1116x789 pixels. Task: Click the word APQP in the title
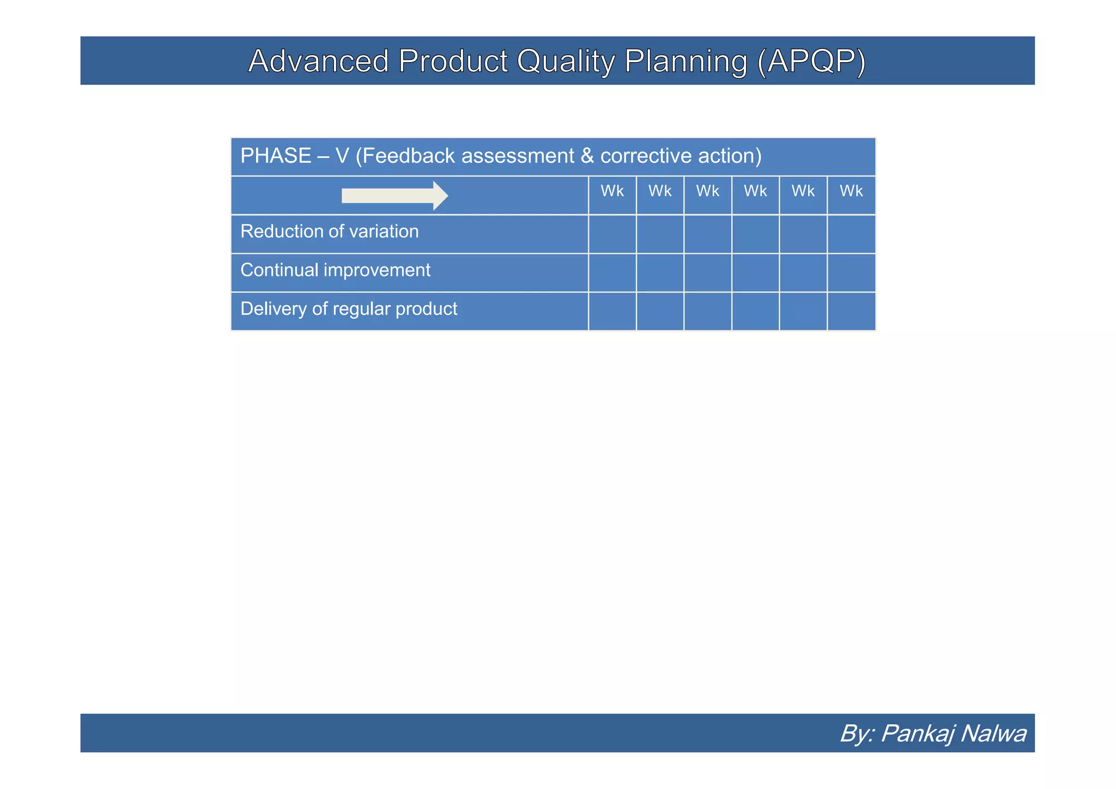(x=811, y=61)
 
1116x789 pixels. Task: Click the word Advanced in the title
(x=318, y=61)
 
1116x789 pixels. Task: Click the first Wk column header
(x=612, y=191)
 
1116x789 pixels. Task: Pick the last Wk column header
(x=851, y=191)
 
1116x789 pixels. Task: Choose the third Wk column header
(x=707, y=191)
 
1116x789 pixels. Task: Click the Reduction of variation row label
(x=329, y=232)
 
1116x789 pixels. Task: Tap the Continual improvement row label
(x=335, y=270)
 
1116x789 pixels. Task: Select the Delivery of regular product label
(x=349, y=309)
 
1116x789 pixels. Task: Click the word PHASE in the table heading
(x=276, y=156)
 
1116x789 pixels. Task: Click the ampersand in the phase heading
(x=587, y=156)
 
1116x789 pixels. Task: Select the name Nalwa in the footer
(x=993, y=733)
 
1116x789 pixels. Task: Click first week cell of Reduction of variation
(x=612, y=234)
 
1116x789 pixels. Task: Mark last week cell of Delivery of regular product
(x=851, y=312)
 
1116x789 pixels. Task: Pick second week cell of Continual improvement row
(x=660, y=273)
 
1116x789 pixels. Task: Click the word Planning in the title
(x=686, y=61)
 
